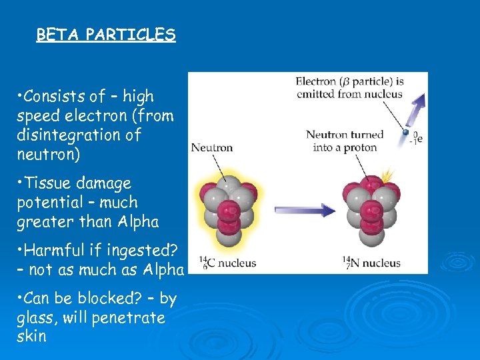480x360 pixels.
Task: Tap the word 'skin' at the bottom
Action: [31, 336]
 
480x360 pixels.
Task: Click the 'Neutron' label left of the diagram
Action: [212, 147]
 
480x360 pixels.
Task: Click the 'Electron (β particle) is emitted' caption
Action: [350, 87]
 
